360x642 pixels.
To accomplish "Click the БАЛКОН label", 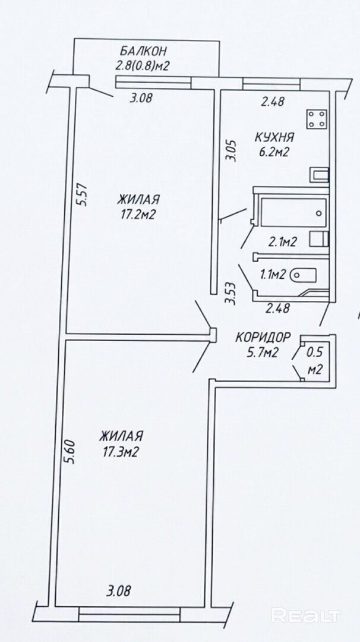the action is (x=143, y=52).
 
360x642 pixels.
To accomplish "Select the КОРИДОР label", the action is (x=263, y=338).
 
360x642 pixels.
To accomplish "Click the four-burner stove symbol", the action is (x=317, y=119).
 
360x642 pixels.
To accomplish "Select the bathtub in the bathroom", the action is (x=293, y=212).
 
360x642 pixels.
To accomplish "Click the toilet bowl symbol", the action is (x=303, y=275).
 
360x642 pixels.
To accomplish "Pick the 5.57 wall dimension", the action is (x=83, y=194).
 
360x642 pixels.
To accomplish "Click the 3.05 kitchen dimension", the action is (x=232, y=150).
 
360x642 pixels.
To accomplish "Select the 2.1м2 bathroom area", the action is (x=282, y=243).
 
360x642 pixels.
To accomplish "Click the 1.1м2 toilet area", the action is (x=272, y=275).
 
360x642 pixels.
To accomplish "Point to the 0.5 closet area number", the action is (x=315, y=352).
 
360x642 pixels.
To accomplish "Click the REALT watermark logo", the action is (x=306, y=615).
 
